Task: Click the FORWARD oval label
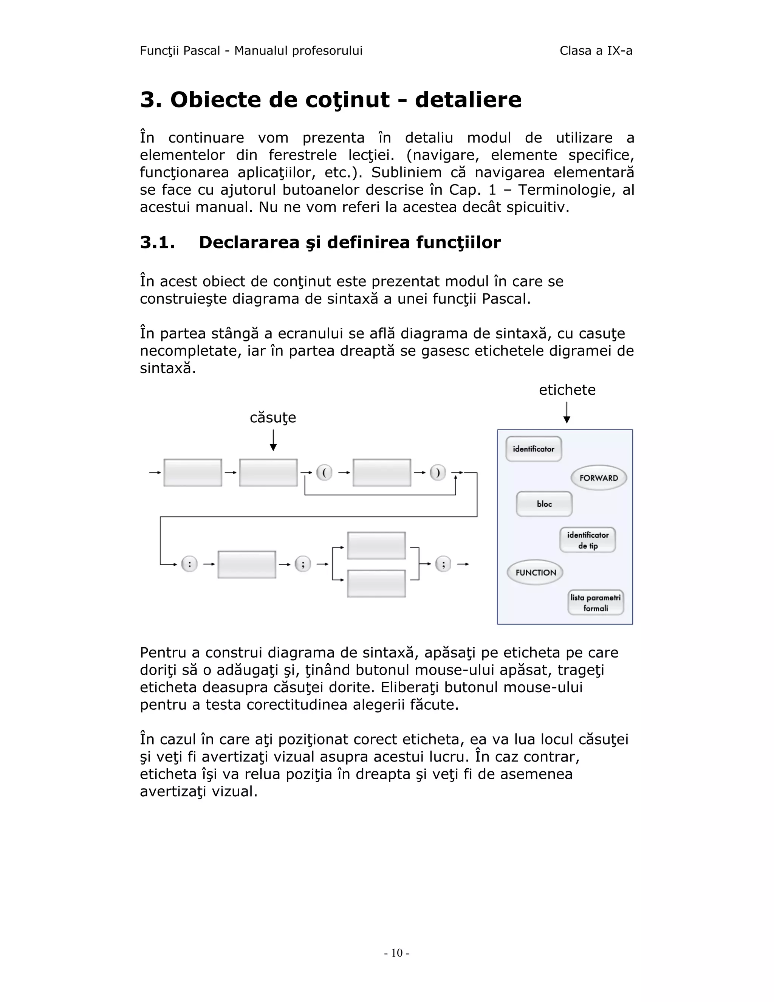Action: (598, 478)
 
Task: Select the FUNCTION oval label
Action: (535, 572)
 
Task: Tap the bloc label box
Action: (544, 504)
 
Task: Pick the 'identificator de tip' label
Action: (587, 540)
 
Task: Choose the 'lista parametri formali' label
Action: (595, 602)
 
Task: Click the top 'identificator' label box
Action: (533, 449)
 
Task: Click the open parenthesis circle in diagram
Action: (324, 472)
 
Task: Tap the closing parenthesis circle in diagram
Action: (437, 472)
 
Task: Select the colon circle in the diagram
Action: (189, 563)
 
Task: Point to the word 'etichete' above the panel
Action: (567, 390)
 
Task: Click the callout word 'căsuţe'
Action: (273, 417)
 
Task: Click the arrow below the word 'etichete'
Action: (567, 413)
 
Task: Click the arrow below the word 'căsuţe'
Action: (273, 441)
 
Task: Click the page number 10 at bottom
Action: (396, 953)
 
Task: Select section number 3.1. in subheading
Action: (157, 242)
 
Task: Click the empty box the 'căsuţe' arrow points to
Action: (268, 472)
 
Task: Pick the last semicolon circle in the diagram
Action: (443, 563)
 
